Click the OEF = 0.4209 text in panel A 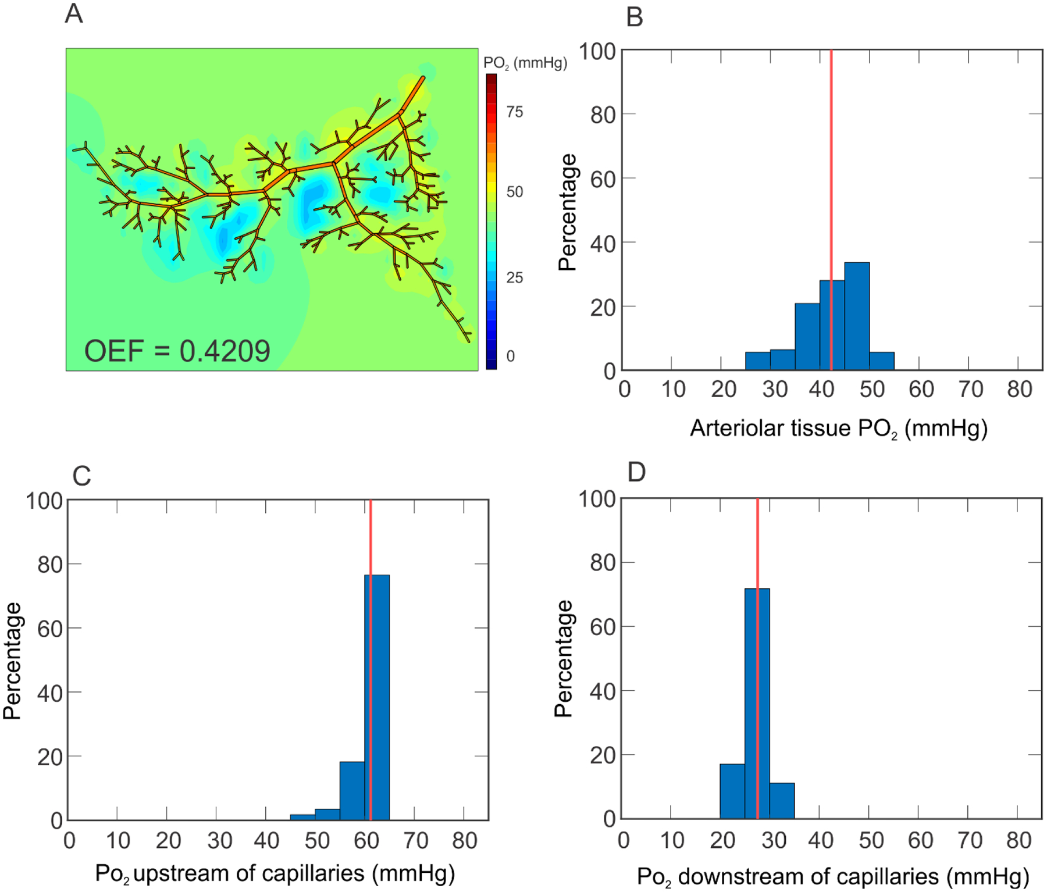177,351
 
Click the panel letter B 634,17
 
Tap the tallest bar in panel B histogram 857,317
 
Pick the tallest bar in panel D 757,704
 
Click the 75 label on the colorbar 514,112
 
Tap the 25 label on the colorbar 514,277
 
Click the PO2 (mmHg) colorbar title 525,63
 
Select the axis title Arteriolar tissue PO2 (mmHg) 838,429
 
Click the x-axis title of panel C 275,873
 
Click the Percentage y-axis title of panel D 563,658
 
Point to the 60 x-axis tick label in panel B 921,389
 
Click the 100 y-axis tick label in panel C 44,501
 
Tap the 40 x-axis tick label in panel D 821,840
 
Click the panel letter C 81,476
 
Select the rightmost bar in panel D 782,801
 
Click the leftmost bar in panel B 757,361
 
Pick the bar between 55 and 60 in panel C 352,791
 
